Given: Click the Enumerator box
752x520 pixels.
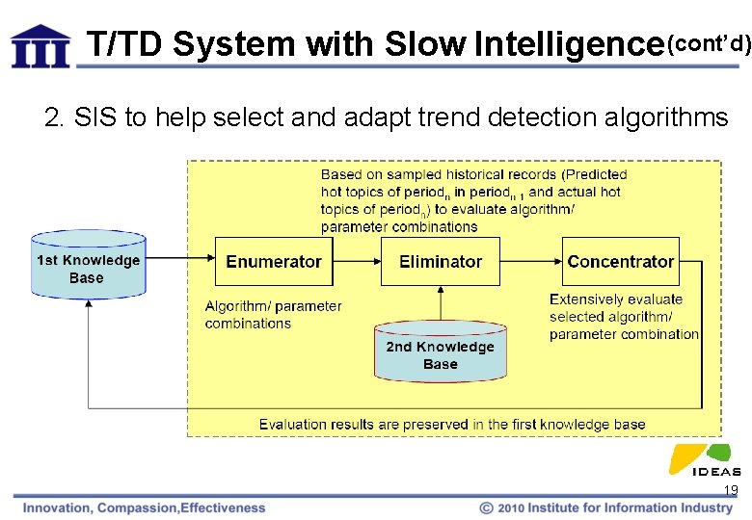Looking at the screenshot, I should pyautogui.click(x=274, y=261).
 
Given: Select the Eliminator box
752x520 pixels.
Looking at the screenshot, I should pyautogui.click(x=441, y=261).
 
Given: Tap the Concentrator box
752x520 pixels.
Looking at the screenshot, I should pyautogui.click(x=621, y=261).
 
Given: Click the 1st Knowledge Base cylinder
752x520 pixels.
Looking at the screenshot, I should pyautogui.click(x=88, y=264).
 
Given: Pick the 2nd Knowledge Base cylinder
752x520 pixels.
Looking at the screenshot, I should pyautogui.click(x=440, y=353).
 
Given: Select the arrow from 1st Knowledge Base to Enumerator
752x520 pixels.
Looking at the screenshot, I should pyautogui.click(x=179, y=256).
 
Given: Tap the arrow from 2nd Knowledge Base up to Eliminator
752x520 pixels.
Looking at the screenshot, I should pyautogui.click(x=441, y=306).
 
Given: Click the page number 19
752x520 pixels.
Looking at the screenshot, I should pyautogui.click(x=731, y=491).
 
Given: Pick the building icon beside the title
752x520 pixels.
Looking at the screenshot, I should pyautogui.click(x=40, y=45).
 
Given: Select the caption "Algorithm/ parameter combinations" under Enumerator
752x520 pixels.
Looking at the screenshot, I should pyautogui.click(x=273, y=315).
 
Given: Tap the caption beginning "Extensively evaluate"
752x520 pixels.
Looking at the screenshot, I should pyautogui.click(x=624, y=317).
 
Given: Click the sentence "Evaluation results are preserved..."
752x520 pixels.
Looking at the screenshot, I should pyautogui.click(x=452, y=424).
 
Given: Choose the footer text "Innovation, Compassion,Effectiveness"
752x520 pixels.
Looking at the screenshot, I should pyautogui.click(x=145, y=507).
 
